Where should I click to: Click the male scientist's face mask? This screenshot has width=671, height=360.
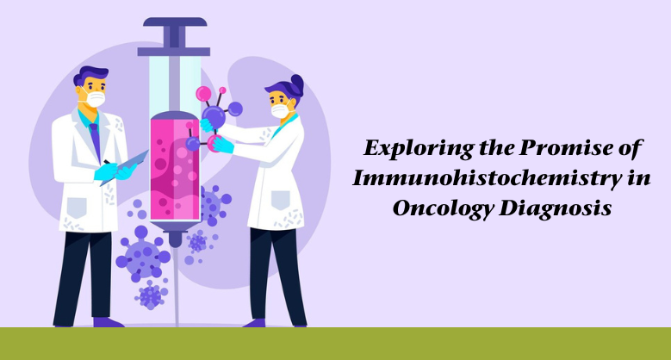95,99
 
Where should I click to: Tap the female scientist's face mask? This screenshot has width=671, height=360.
280,111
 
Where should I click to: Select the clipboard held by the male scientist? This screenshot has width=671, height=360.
130,163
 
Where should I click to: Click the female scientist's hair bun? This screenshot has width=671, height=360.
297,84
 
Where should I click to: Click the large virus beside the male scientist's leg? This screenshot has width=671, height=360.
140,258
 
